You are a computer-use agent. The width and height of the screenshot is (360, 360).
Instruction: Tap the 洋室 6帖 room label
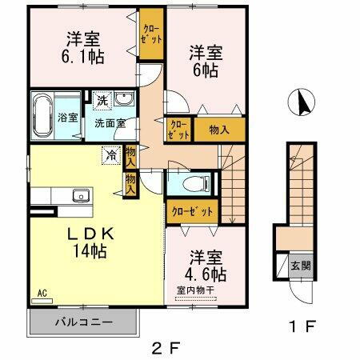(206, 62)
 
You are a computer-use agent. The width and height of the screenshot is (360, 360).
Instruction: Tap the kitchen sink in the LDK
(80, 195)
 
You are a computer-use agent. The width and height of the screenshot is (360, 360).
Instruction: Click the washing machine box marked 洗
(102, 100)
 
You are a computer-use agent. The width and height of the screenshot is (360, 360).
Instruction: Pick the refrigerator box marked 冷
(110, 156)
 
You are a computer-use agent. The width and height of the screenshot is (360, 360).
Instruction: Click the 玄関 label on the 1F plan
(301, 266)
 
